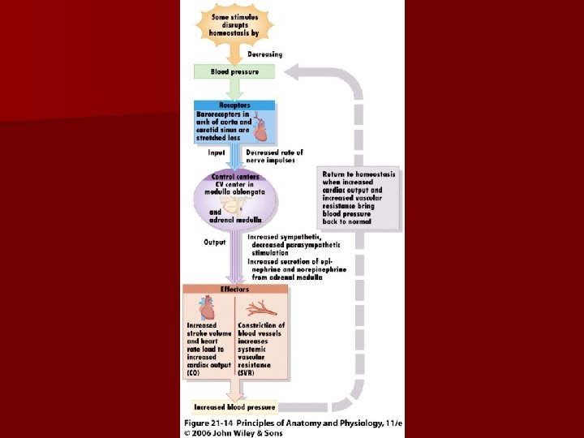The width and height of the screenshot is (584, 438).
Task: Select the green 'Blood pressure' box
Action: (x=234, y=71)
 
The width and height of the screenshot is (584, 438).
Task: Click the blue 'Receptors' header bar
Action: (x=234, y=105)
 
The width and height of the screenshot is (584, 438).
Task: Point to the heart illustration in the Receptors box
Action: (x=261, y=127)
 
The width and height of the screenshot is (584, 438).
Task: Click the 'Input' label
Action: (x=217, y=152)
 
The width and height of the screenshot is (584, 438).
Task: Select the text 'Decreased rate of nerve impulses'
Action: (x=274, y=156)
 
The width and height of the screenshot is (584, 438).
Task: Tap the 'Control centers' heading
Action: (x=234, y=176)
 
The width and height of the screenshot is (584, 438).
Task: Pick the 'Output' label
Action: (x=215, y=242)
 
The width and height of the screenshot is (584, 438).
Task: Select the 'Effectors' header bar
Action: (x=234, y=289)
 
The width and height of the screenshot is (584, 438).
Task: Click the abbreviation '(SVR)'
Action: (x=247, y=372)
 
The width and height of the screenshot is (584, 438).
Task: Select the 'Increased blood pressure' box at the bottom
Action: (x=234, y=407)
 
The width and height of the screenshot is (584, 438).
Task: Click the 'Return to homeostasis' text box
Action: (x=359, y=197)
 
